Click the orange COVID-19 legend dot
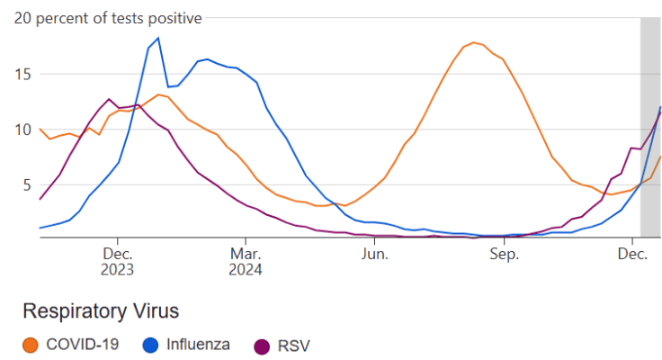(31, 344)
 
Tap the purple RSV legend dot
(262, 344)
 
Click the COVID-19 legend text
(82, 344)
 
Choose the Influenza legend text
(198, 344)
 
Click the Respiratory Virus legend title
(100, 311)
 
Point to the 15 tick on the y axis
(26, 74)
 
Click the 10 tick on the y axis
(26, 130)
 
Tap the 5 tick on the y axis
(30, 185)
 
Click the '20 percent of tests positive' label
(108, 18)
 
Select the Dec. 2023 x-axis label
(117, 261)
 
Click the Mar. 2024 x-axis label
(246, 261)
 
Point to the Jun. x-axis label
(374, 254)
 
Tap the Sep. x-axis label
(504, 254)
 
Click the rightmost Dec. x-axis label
(632, 254)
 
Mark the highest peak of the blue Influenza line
(158, 38)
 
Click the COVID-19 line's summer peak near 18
(474, 42)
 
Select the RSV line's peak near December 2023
(109, 99)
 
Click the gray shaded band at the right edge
(650, 126)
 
